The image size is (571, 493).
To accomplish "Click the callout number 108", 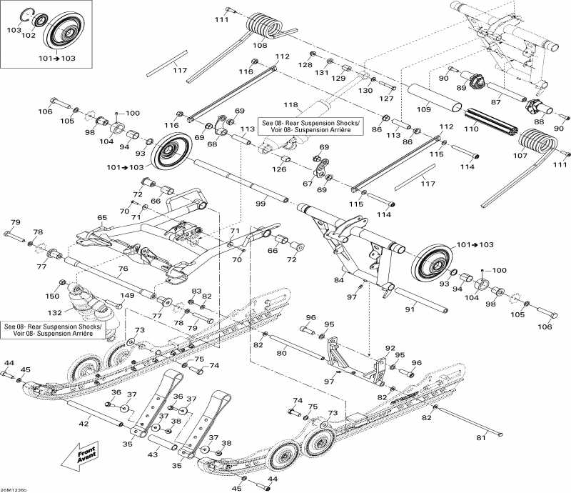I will [260, 45].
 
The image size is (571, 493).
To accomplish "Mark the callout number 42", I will [84, 424].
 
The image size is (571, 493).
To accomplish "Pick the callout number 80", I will [281, 352].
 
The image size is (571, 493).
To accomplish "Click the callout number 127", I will [387, 98].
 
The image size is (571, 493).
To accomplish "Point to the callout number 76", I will [123, 269].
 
